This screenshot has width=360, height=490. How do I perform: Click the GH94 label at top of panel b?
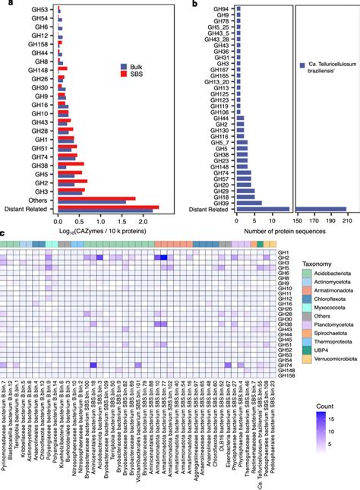pos(222,8)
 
